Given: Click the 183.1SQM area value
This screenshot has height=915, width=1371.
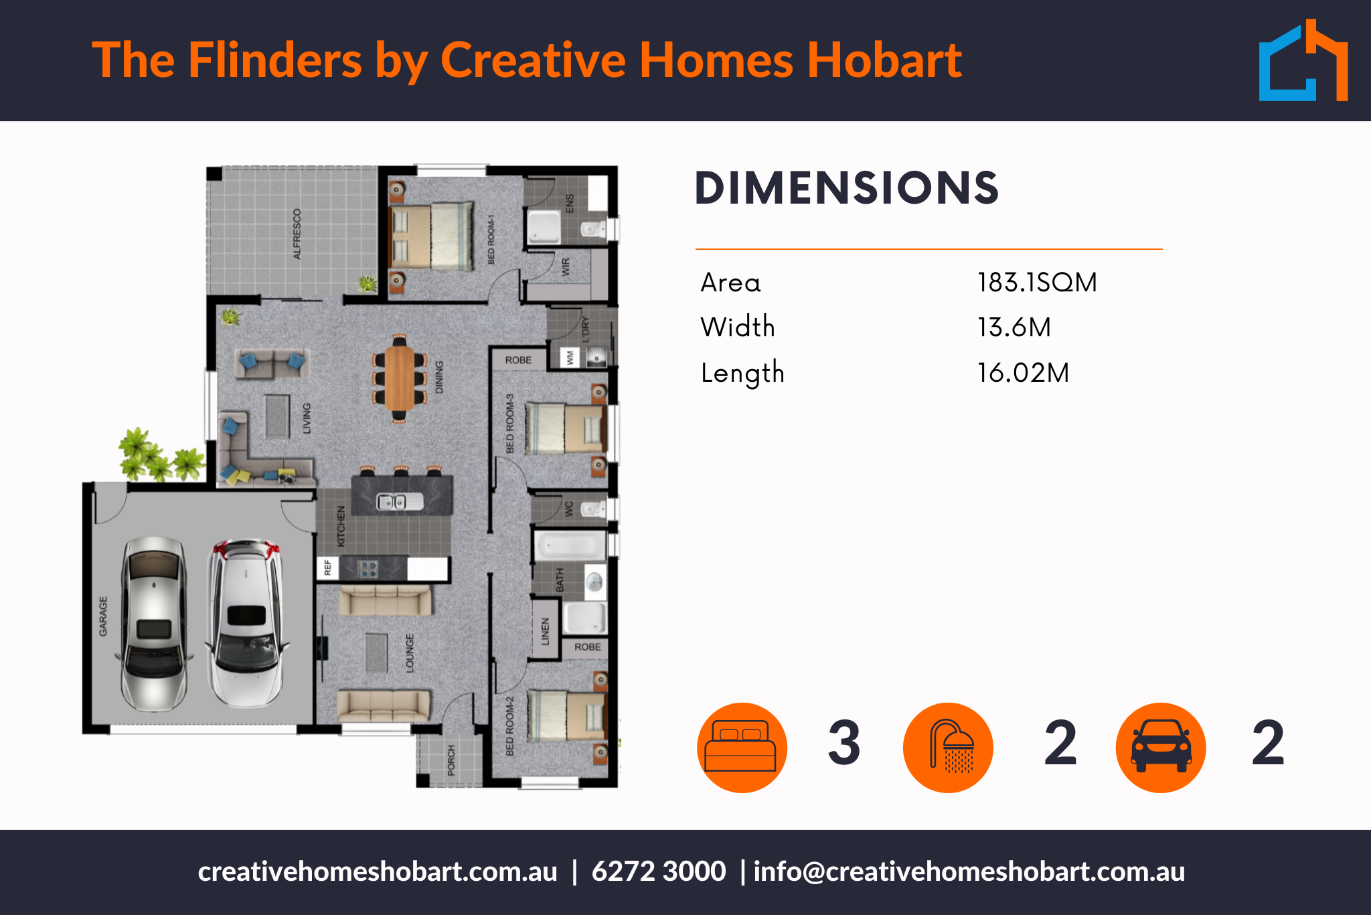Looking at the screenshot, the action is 1037,283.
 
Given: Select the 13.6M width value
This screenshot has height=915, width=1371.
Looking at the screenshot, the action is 1014,328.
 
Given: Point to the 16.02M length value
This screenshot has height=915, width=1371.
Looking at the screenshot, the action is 1023,372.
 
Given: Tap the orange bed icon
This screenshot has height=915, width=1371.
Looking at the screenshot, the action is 742,748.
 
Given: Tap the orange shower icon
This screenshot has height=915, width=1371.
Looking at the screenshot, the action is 948,748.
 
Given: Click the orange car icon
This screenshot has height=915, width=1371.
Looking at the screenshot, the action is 1161,748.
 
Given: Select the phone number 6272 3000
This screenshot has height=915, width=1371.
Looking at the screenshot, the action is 659,871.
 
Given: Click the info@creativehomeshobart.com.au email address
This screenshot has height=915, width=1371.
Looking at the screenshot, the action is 969,872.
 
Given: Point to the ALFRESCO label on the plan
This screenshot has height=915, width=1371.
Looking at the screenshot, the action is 297,234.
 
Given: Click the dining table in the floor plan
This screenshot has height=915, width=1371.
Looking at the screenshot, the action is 400,379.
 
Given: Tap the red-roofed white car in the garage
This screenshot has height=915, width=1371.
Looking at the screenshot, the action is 246,623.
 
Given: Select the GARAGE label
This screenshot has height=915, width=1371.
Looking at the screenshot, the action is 103,616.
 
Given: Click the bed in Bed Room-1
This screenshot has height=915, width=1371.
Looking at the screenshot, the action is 432,236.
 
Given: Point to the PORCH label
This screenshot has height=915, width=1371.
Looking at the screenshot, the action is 451,760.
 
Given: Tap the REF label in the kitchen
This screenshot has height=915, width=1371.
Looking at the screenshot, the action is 327,568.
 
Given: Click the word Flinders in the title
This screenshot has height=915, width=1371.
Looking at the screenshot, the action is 275,60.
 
